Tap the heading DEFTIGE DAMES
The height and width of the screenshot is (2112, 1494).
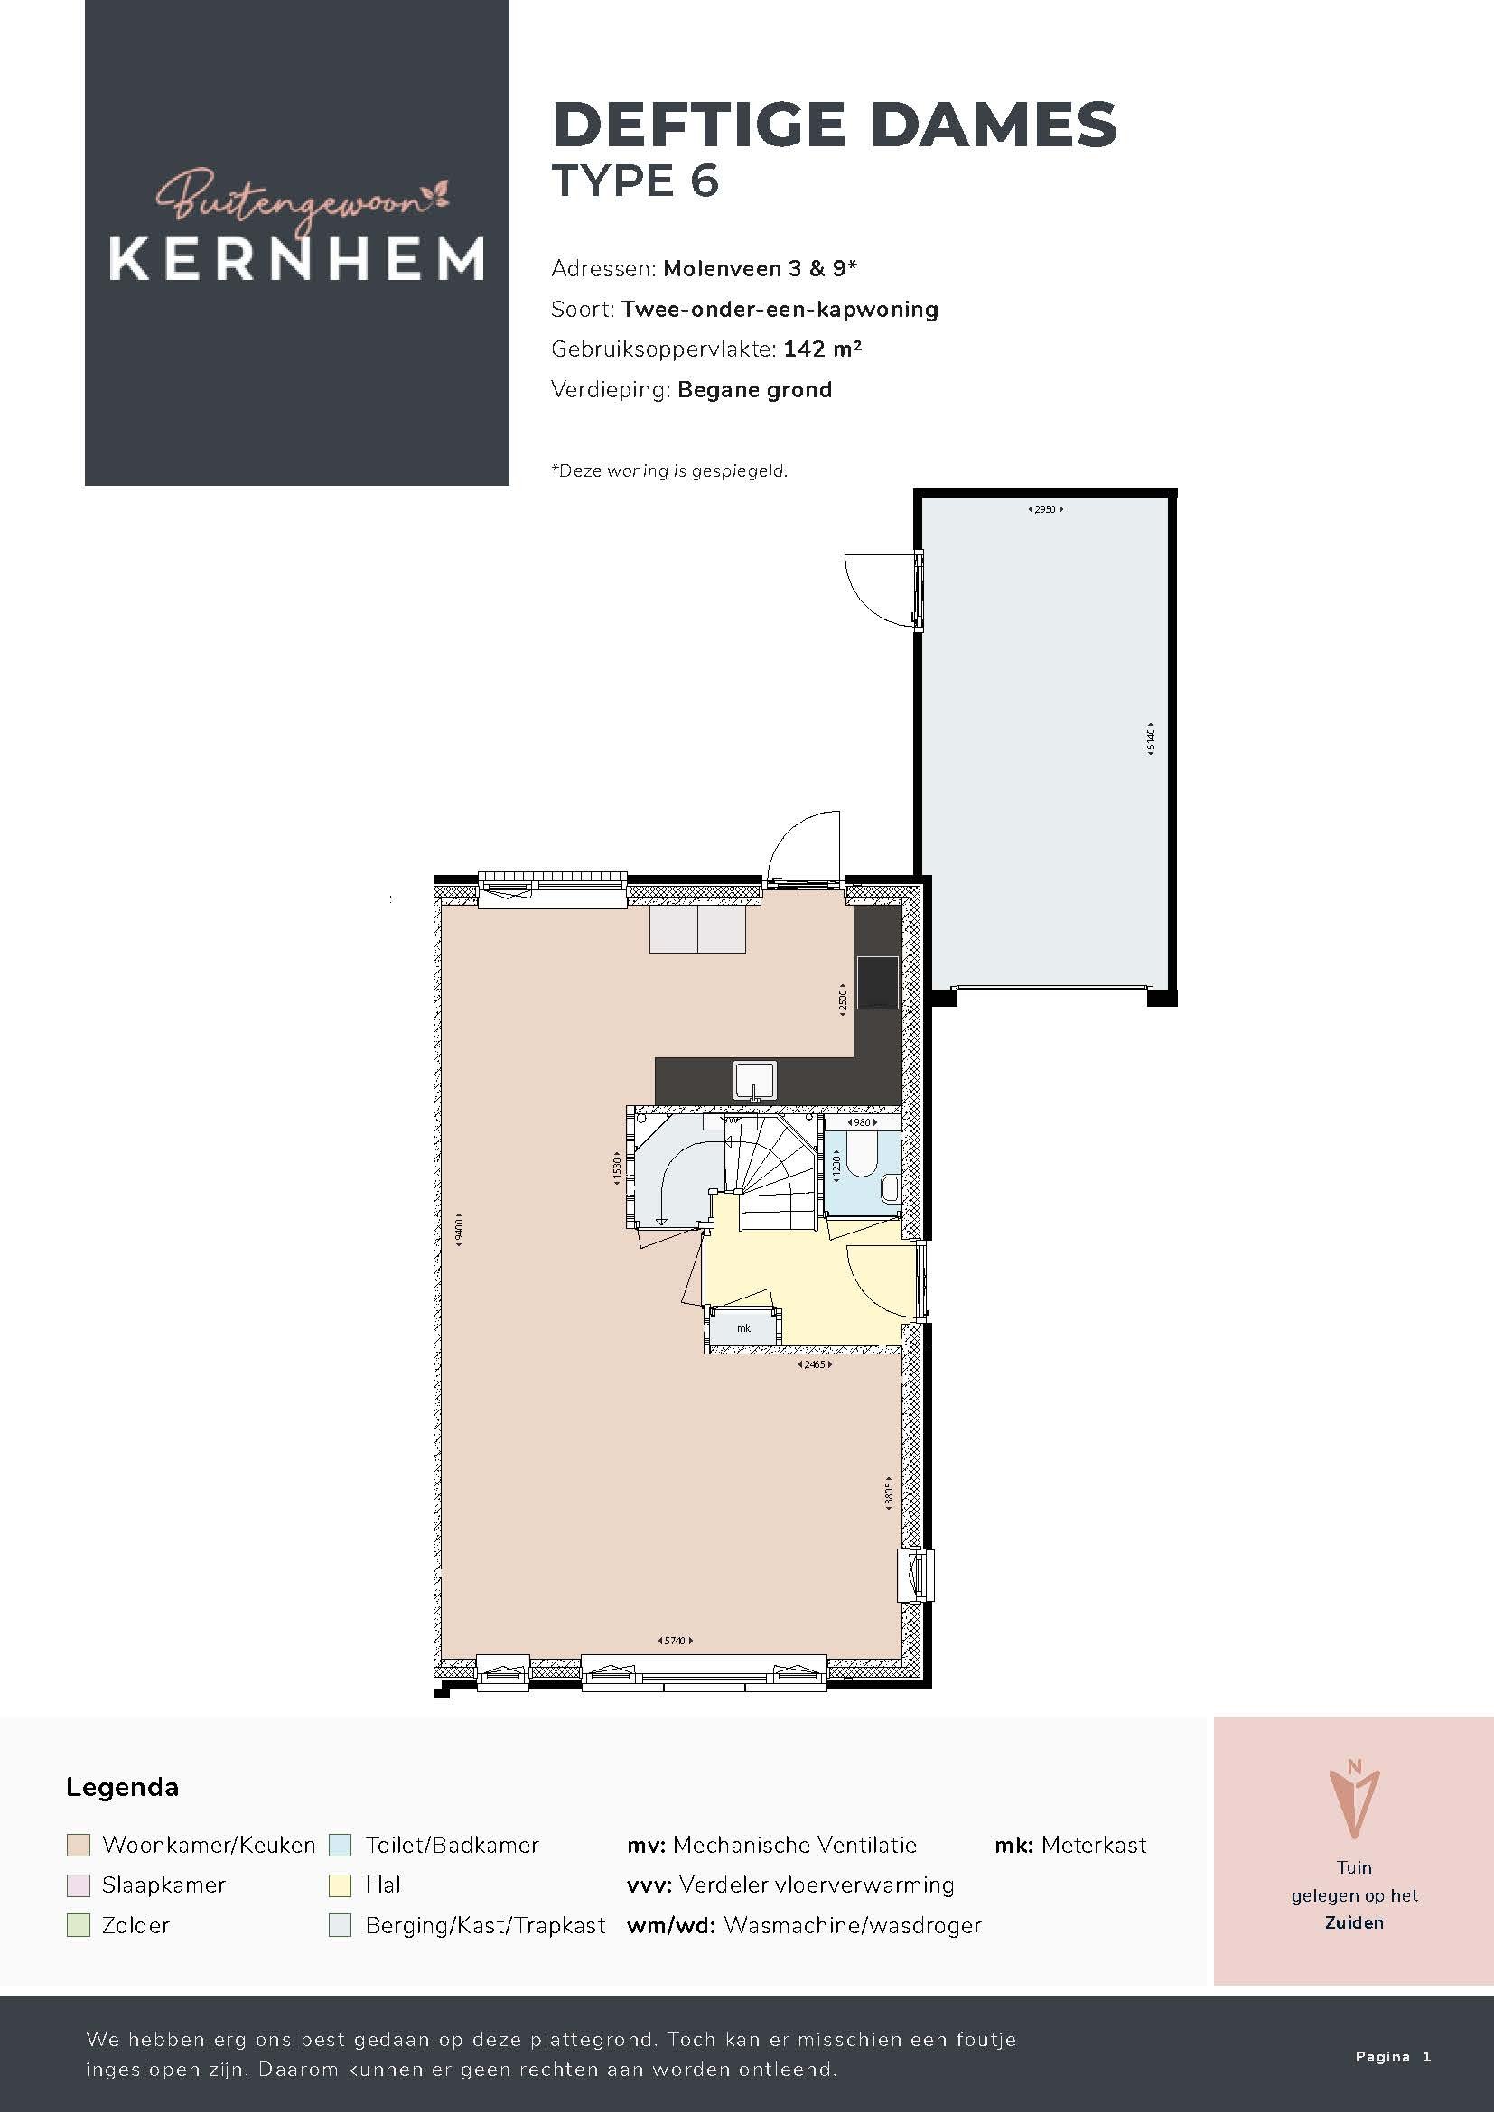pos(835,126)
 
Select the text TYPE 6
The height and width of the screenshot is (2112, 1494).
pos(635,181)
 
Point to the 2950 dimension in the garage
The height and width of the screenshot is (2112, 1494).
pos(1045,508)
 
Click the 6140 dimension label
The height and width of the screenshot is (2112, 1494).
pos(1150,739)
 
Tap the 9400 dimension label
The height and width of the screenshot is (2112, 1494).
pos(460,1228)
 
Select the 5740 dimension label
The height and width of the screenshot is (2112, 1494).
pos(676,1640)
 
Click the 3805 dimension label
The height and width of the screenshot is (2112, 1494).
pos(889,1491)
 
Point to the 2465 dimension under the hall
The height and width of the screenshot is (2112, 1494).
pos(815,1364)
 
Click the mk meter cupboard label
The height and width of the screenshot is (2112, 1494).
pos(744,1328)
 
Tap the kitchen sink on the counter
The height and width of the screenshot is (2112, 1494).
pos(755,1080)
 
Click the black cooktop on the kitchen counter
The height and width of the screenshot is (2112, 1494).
pos(877,982)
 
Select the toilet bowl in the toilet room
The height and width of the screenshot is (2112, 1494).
pos(861,1156)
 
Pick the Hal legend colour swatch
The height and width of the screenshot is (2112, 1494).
pos(341,1884)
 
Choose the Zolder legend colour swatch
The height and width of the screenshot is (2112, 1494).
pos(79,1925)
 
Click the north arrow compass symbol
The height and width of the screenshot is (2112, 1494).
pos(1354,1800)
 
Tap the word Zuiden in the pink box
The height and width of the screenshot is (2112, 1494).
pos(1354,1922)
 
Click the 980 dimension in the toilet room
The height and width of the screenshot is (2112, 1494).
pos(861,1122)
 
